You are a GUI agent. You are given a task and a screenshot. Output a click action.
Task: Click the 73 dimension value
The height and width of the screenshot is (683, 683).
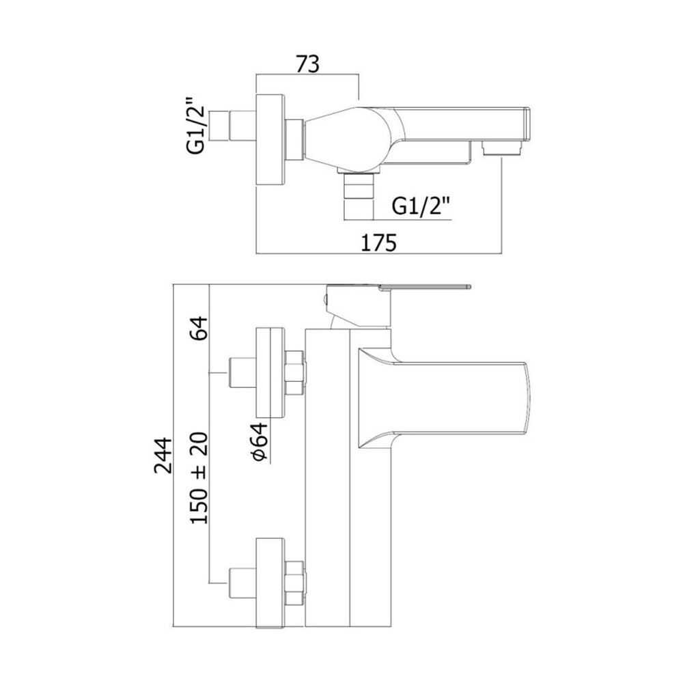[x=307, y=64]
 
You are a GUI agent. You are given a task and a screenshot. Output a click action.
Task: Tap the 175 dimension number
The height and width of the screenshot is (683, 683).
[x=379, y=242]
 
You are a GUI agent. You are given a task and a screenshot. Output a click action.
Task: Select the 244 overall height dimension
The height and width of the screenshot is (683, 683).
[x=164, y=455]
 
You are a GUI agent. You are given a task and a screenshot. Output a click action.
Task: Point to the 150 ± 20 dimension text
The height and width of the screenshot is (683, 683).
[x=199, y=478]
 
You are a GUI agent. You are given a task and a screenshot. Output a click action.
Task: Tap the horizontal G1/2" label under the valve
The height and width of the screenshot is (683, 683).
[x=421, y=206]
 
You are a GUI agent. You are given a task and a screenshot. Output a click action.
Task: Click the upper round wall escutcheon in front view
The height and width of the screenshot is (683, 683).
[x=270, y=372]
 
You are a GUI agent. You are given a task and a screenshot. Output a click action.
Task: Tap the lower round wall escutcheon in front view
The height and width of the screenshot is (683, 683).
[x=270, y=583]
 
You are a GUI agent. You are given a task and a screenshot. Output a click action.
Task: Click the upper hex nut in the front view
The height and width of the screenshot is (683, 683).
[x=295, y=372]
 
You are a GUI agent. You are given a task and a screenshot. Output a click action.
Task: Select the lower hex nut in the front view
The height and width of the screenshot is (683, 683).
[x=295, y=583]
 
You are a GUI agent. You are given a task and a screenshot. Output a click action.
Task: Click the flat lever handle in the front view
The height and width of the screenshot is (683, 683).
[x=425, y=287]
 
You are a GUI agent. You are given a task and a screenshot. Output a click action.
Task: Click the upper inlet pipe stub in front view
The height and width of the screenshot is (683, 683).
[x=242, y=372]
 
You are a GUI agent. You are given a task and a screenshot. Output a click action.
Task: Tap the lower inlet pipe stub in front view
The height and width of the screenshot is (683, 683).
[x=242, y=583]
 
